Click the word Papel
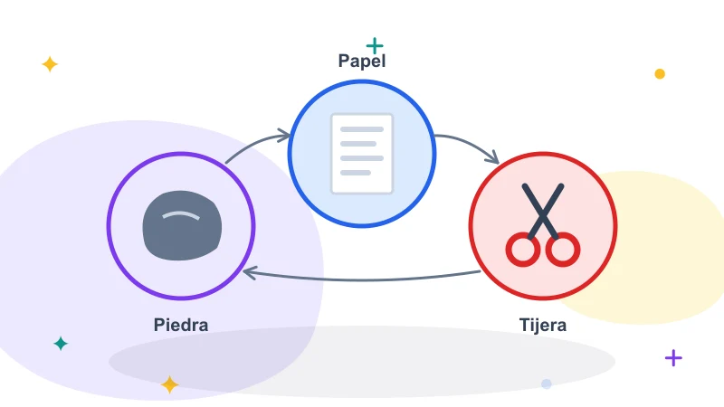362,61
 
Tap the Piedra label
181,325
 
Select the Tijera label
543,325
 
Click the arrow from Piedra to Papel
255,144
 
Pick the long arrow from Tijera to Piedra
362,279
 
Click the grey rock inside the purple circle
182,225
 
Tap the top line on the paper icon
362,129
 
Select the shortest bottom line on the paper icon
356,173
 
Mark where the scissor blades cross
543,213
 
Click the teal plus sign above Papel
375,46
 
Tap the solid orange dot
660,74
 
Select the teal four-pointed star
61,344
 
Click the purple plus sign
673,358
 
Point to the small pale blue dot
547,383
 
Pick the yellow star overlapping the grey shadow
169,385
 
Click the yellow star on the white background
50,64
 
